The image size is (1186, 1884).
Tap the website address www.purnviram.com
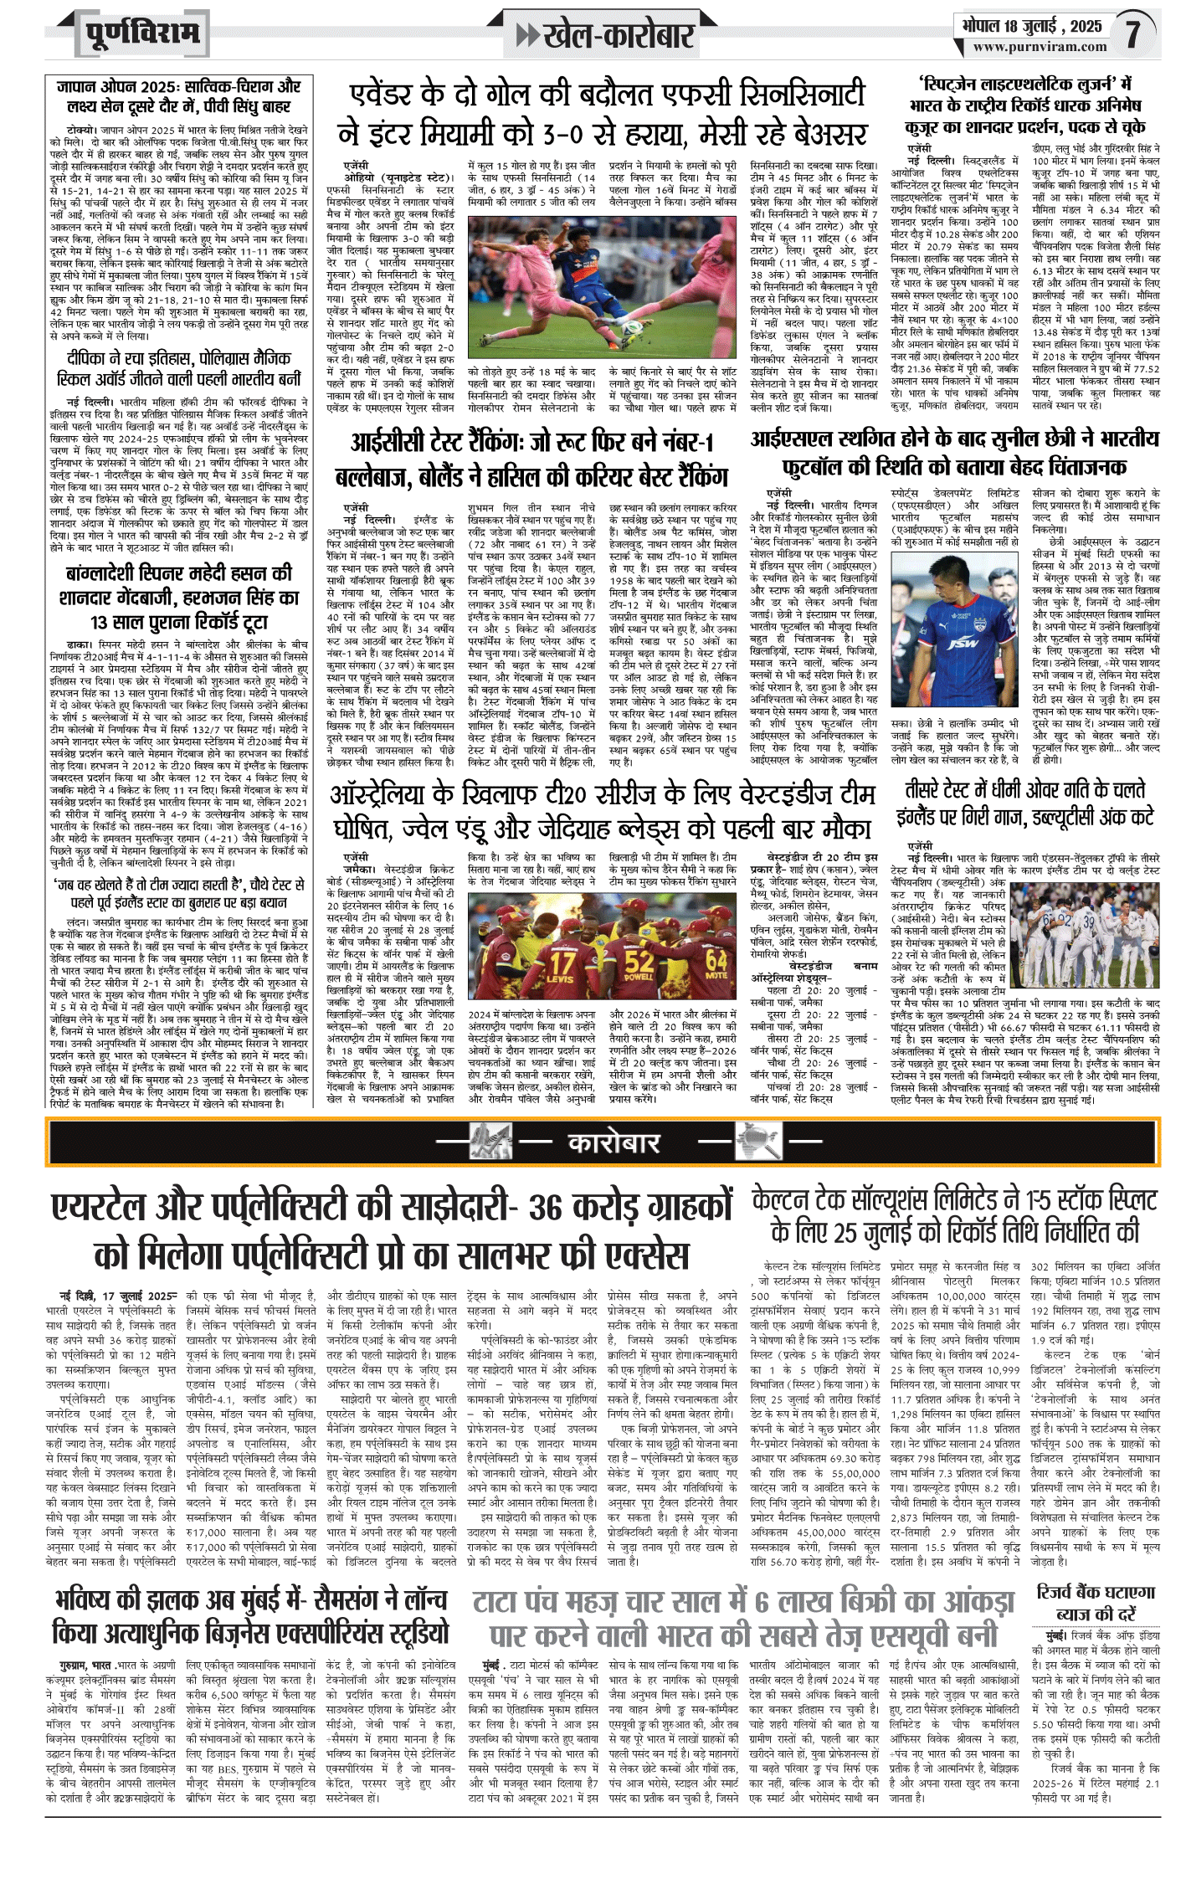1040,48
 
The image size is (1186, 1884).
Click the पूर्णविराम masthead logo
143,34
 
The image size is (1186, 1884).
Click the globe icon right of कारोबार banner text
757,1142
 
